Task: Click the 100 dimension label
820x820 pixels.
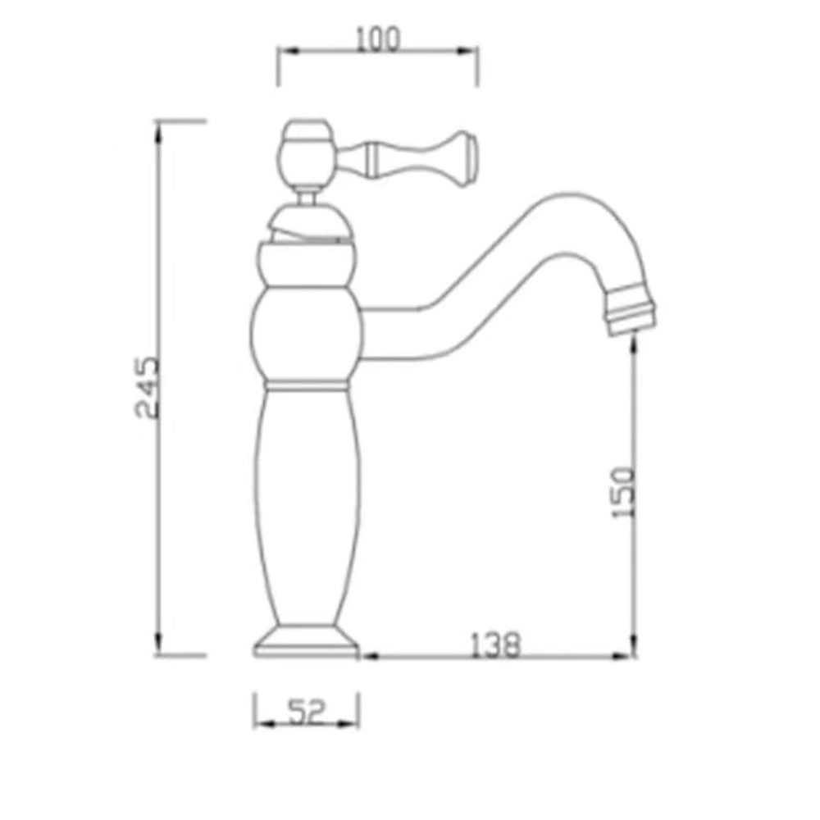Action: [377, 39]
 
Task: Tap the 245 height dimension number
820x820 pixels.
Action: [148, 388]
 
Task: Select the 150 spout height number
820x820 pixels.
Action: [623, 492]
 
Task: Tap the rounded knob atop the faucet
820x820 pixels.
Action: [307, 153]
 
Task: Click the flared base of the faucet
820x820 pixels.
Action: [307, 641]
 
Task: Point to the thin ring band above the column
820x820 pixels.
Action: [306, 386]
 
